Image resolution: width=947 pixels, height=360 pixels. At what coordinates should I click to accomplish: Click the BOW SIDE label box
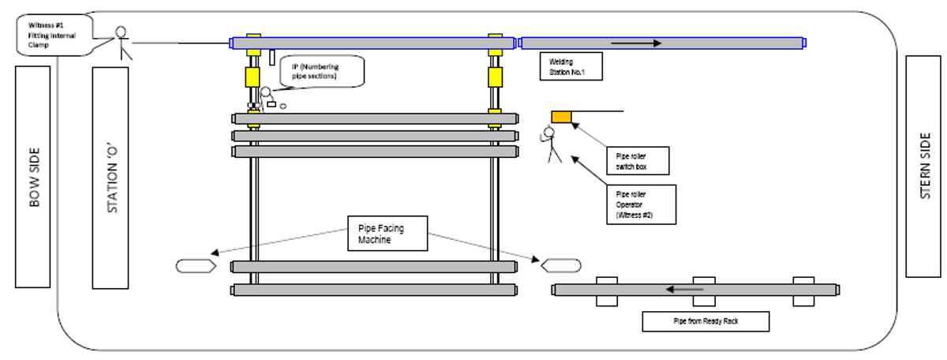pyautogui.click(x=32, y=177)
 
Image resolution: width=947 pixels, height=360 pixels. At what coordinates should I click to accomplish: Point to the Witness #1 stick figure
pyautogui.click(x=121, y=43)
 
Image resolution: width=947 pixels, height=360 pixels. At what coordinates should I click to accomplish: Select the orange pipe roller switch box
pyautogui.click(x=561, y=117)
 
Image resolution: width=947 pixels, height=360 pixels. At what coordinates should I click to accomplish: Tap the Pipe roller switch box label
pyautogui.click(x=637, y=161)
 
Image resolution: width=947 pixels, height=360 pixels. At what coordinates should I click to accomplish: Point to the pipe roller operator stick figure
pyautogui.click(x=551, y=144)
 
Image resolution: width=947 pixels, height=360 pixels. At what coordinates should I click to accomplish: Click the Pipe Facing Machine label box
pyautogui.click(x=387, y=234)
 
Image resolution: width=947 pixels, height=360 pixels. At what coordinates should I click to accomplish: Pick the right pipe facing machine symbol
pyautogui.click(x=561, y=265)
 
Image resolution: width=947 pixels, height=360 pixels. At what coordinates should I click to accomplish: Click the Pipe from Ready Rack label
pyautogui.click(x=705, y=321)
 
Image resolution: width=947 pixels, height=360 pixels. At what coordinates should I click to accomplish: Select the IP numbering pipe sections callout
pyautogui.click(x=324, y=71)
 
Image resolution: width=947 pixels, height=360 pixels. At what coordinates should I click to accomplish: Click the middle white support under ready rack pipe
pyautogui.click(x=704, y=291)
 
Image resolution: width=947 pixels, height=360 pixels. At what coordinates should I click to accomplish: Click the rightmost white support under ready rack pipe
pyautogui.click(x=803, y=291)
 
